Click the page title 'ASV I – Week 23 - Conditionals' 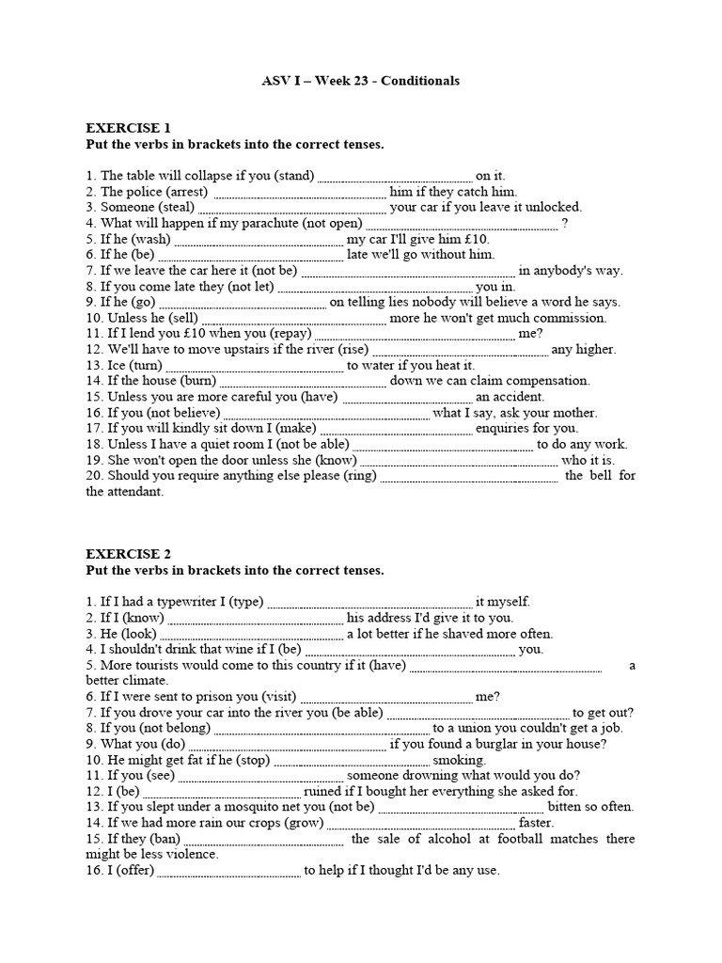click(x=360, y=81)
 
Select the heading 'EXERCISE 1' click(x=128, y=128)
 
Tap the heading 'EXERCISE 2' click(x=128, y=555)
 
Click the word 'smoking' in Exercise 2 click(x=459, y=760)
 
